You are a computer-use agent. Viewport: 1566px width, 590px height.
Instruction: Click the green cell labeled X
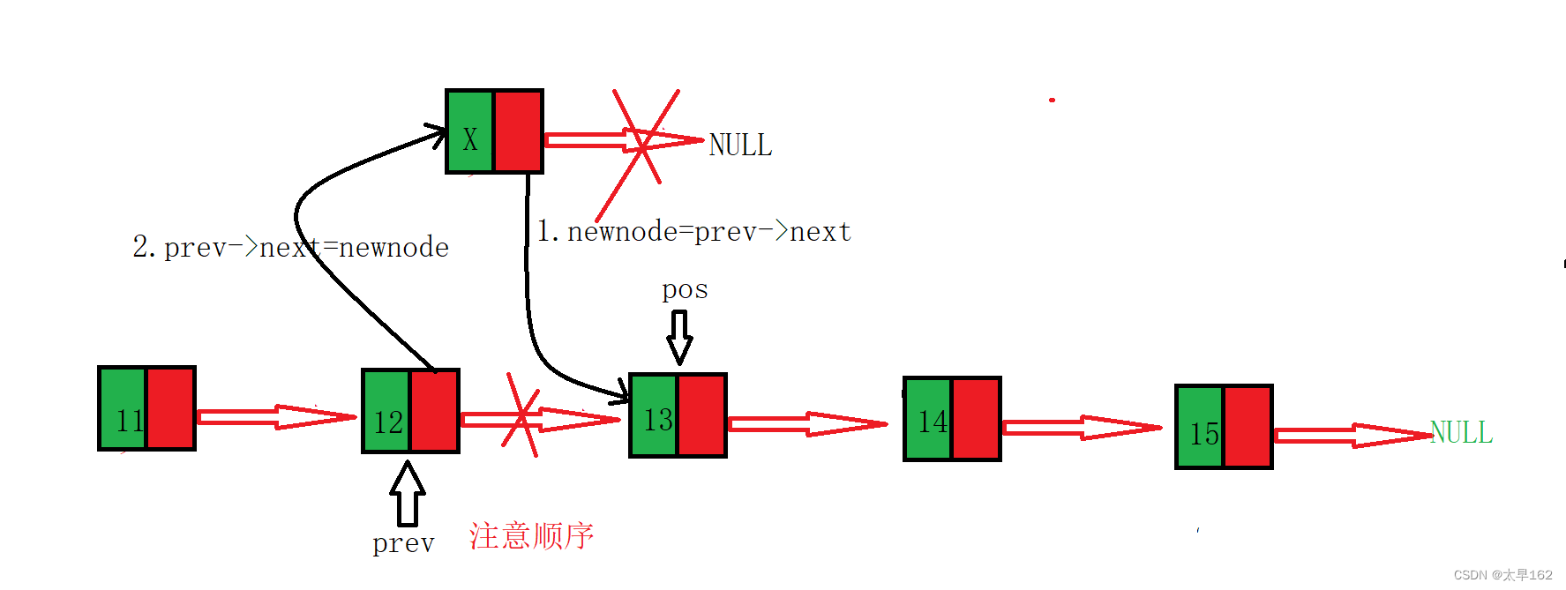pyautogui.click(x=470, y=131)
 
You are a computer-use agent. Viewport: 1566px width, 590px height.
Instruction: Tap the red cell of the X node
pyautogui.click(x=518, y=131)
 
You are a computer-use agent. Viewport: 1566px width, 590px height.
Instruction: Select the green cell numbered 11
pyautogui.click(x=123, y=408)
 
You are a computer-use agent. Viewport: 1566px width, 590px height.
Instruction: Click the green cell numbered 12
pyautogui.click(x=386, y=411)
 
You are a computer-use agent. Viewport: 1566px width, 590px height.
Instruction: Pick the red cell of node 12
pyautogui.click(x=435, y=411)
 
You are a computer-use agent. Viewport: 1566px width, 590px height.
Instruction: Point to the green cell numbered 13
pyautogui.click(x=654, y=415)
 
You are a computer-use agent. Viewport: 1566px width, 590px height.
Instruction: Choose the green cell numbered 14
pyautogui.click(x=928, y=419)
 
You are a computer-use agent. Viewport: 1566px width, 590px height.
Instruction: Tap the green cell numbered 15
pyautogui.click(x=1200, y=427)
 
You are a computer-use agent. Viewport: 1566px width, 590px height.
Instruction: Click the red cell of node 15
pyautogui.click(x=1248, y=427)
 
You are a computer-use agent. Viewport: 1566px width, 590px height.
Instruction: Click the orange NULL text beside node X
pyautogui.click(x=740, y=145)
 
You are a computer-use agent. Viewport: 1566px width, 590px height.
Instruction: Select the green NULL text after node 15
pyautogui.click(x=1461, y=432)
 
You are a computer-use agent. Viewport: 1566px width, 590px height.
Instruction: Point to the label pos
pyautogui.click(x=685, y=290)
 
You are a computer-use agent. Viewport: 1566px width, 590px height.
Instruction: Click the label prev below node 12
pyautogui.click(x=403, y=543)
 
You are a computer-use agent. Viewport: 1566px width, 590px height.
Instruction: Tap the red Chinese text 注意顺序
pyautogui.click(x=531, y=536)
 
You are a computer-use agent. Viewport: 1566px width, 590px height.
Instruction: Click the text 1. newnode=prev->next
pyautogui.click(x=694, y=232)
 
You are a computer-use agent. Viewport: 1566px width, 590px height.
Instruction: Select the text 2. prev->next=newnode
pyautogui.click(x=290, y=248)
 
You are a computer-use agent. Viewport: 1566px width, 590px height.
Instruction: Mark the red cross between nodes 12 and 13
pyautogui.click(x=521, y=415)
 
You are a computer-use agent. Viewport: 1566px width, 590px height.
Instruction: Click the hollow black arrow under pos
pyautogui.click(x=679, y=337)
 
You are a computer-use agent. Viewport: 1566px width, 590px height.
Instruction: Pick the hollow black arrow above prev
pyautogui.click(x=408, y=494)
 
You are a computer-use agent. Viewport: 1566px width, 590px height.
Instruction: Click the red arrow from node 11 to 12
pyautogui.click(x=276, y=417)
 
